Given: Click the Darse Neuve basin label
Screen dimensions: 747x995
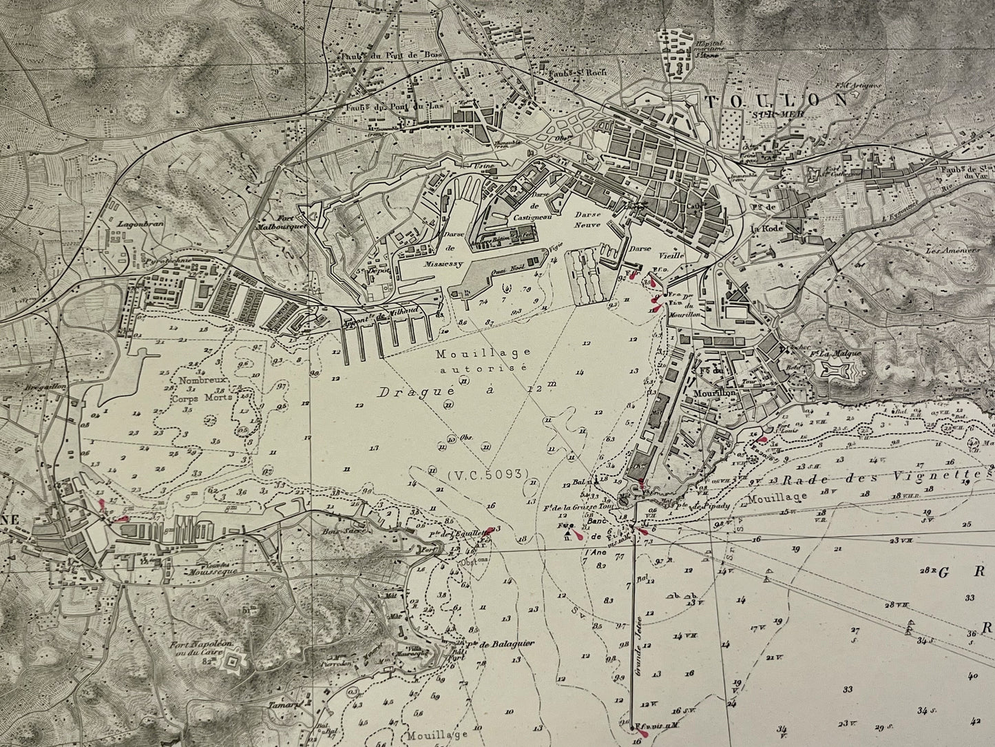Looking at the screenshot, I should (x=587, y=219).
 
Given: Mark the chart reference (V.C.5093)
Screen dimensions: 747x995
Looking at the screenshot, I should (x=487, y=474).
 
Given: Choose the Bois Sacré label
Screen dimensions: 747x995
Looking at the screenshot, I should (x=339, y=532).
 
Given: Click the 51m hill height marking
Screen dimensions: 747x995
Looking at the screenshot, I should (x=245, y=610).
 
